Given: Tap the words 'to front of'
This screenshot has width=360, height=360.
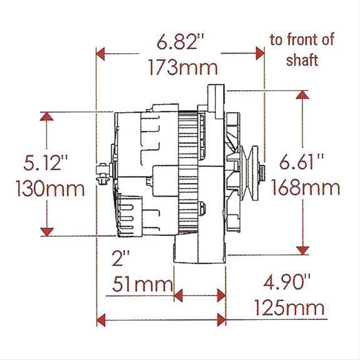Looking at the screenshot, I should click(x=302, y=40).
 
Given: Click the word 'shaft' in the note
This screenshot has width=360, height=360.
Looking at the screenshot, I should click(x=302, y=60).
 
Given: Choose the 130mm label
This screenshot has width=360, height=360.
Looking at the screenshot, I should click(x=47, y=188).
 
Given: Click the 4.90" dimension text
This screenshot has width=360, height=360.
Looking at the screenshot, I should click(x=290, y=282).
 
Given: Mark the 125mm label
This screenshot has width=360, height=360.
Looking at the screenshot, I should click(x=289, y=308).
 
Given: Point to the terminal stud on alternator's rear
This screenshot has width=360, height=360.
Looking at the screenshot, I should click(x=101, y=169).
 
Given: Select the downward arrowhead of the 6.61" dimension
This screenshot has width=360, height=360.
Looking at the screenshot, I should click(x=302, y=250).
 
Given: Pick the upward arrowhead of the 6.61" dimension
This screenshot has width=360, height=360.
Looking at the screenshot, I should click(x=302, y=96).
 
